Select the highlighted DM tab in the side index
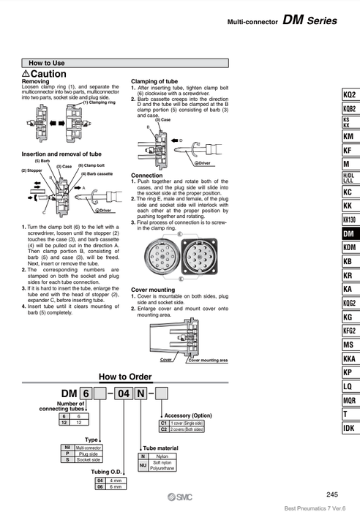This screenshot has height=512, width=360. pyautogui.click(x=348, y=233)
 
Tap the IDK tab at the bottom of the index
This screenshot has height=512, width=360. pyautogui.click(x=348, y=428)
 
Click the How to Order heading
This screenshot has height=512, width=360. pyautogui.click(x=124, y=377)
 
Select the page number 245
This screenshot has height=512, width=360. pyautogui.click(x=331, y=494)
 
